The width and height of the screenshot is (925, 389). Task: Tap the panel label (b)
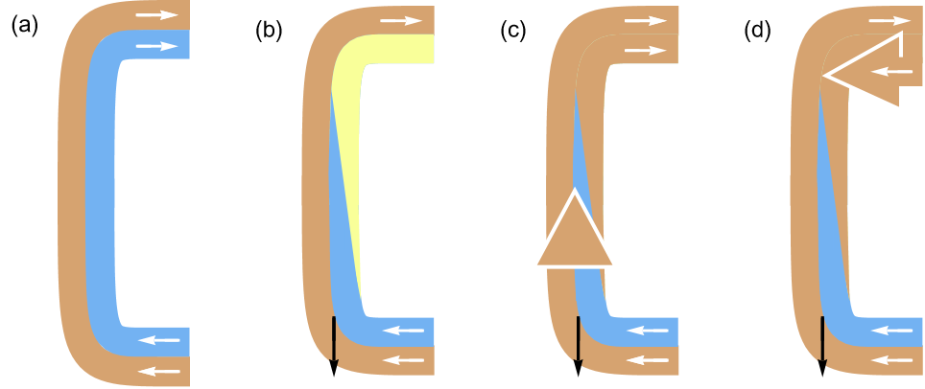pyautogui.click(x=269, y=30)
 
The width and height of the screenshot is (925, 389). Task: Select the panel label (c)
pyautogui.click(x=514, y=30)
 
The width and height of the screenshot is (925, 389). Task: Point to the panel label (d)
pyautogui.click(x=759, y=30)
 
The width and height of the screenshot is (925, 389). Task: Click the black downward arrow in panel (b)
pyautogui.click(x=333, y=345)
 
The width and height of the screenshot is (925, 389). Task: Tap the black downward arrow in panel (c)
pyautogui.click(x=578, y=345)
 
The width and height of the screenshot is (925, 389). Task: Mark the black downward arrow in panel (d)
pyautogui.click(x=822, y=345)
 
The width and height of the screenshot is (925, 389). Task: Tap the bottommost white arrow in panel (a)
pyautogui.click(x=159, y=370)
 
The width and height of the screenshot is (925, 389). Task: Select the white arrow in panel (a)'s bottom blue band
pyautogui.click(x=159, y=338)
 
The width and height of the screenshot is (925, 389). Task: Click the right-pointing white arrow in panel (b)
pyautogui.click(x=401, y=19)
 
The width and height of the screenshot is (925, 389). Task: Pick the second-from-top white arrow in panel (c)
pyautogui.click(x=646, y=49)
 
